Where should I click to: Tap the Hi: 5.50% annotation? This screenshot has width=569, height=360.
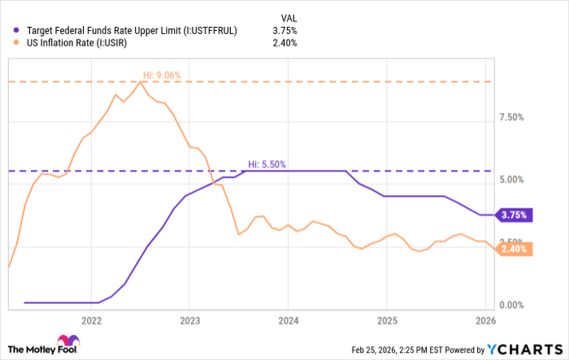pyautogui.click(x=267, y=164)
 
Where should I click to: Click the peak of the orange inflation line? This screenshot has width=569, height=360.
pyautogui.click(x=141, y=81)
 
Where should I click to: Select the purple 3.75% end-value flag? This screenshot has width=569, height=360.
pyautogui.click(x=514, y=215)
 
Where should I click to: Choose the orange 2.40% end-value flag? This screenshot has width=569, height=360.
pyautogui.click(x=514, y=249)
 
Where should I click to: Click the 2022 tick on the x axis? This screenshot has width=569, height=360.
pyautogui.click(x=91, y=320)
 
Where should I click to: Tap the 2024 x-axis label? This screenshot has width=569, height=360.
pyautogui.click(x=288, y=320)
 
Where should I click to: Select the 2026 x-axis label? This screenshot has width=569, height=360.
pyautogui.click(x=484, y=320)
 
